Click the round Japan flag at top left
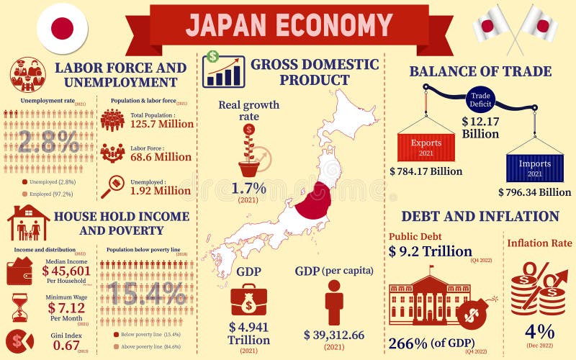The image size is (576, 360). click(63, 29)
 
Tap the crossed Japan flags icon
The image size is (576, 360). click(516, 27)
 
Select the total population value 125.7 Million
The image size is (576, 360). click(161, 124)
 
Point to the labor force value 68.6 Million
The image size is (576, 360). click(161, 157)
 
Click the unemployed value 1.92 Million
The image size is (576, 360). click(161, 191)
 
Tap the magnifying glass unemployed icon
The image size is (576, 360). click(112, 186)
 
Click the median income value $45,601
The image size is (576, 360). click(66, 271)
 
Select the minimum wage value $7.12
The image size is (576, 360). click(66, 308)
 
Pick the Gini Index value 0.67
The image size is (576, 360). click(66, 346)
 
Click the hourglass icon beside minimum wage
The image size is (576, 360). click(19, 307)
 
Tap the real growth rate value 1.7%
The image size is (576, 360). click(249, 189)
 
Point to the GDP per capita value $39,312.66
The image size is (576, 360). click(334, 335)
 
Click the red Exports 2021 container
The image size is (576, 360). click(426, 148)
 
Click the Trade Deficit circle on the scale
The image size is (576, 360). click(480, 98)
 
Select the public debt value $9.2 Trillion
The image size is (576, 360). click(431, 251)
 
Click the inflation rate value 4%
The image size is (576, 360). click(539, 331)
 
